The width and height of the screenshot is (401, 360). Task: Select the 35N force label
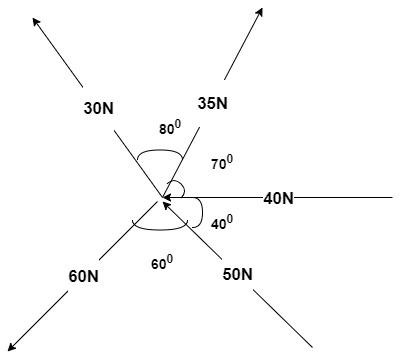212,103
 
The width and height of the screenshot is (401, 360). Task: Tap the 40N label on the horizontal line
278,198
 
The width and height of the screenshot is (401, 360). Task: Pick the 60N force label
83,275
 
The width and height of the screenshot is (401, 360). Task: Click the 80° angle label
170,129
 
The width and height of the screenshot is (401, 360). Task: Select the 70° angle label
222,160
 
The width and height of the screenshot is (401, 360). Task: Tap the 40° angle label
223,223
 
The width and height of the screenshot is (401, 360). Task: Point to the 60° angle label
162,263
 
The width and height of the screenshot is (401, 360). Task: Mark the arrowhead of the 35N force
260,11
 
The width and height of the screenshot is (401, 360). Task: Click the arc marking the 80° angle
158,152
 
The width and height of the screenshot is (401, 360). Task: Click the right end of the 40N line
392,198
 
